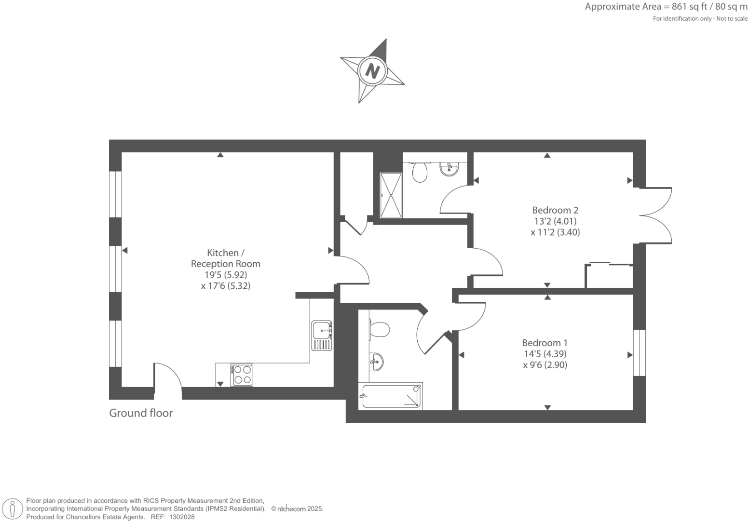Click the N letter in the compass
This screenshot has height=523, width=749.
click(372, 71)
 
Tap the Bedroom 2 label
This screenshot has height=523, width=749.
click(555, 210)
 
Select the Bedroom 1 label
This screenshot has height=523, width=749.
click(545, 343)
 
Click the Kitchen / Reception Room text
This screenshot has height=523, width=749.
click(225, 258)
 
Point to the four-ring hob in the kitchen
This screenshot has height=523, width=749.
click(242, 375)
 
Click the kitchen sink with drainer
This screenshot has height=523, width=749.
click(322, 335)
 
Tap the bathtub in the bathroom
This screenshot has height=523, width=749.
click(391, 396)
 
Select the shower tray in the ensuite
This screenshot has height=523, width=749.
click(391, 195)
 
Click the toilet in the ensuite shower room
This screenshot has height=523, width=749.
click(420, 171)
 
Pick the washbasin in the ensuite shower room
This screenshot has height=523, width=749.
click(449, 169)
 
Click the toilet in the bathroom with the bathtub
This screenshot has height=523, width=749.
click(379, 330)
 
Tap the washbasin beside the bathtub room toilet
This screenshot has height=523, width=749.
click(376, 361)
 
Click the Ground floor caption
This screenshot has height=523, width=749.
click(140, 413)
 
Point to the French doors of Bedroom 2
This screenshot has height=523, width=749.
click(655, 215)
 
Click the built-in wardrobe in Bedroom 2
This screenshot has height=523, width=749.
click(609, 276)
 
